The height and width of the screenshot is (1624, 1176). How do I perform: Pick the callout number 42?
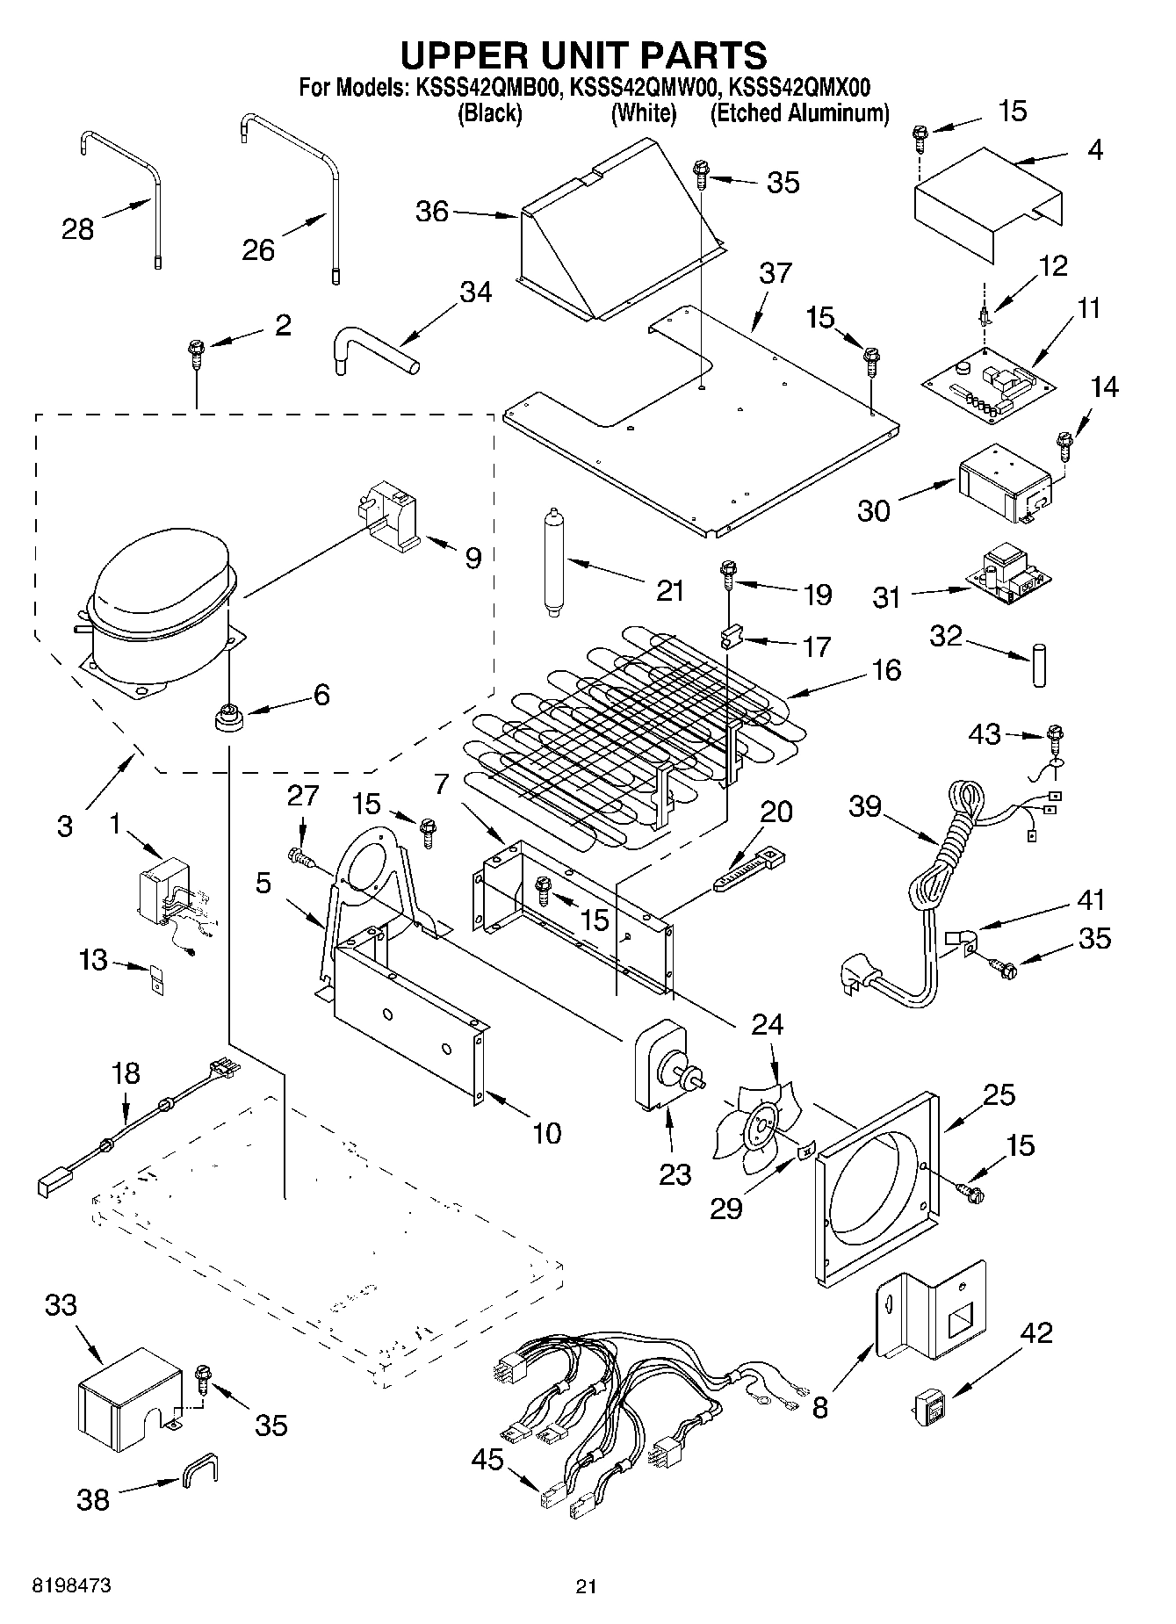click(1035, 1332)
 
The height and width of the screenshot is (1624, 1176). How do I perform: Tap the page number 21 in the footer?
click(586, 1587)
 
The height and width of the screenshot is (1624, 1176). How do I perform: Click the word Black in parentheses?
click(490, 113)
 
